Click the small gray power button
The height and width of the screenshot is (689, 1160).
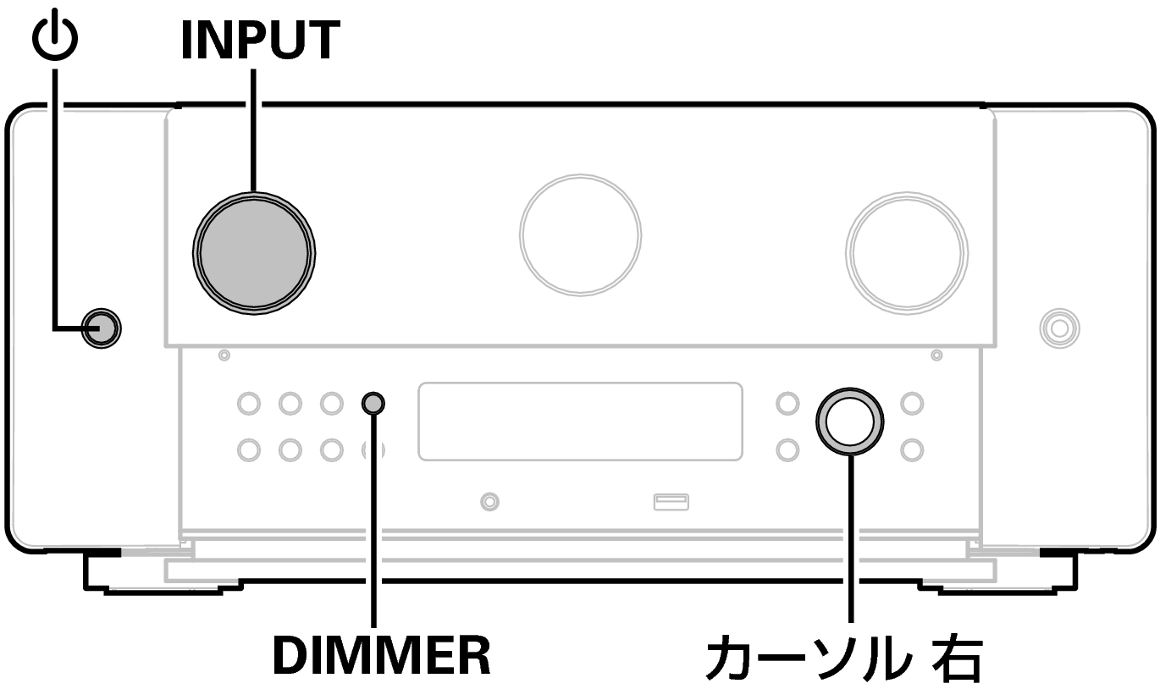pos(100,328)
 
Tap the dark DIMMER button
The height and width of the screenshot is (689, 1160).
pos(373,403)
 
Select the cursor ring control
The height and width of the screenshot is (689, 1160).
pos(849,421)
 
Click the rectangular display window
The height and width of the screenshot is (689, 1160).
pos(580,422)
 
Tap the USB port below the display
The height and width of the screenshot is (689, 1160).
pos(671,502)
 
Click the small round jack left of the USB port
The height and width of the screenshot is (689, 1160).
pos(489,502)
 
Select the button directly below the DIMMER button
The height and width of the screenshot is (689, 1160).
pos(373,449)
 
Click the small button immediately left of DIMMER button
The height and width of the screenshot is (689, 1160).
pos(331,403)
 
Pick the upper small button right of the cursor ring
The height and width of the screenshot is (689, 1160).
pos(911,403)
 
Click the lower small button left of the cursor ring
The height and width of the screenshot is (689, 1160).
pos(787,449)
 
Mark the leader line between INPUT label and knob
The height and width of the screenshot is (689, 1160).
pos(253,127)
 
